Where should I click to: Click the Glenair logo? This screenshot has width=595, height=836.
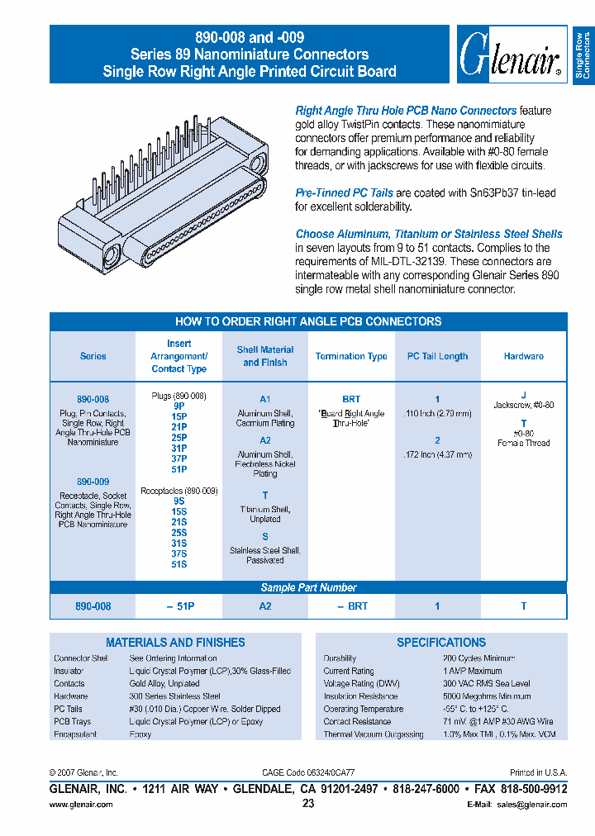point(511,55)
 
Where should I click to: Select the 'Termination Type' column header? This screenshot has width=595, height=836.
point(351,357)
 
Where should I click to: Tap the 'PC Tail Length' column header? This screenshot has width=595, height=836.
point(437,357)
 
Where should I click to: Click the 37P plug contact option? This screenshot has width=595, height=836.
point(178,458)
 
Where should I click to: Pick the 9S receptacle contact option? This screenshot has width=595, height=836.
point(178,501)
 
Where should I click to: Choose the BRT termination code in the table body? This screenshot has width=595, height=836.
point(351,398)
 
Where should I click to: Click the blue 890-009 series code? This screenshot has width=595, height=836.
point(93,482)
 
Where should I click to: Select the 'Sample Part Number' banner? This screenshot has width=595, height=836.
point(308,588)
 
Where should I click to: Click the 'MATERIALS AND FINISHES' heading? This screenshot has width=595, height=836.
point(175,642)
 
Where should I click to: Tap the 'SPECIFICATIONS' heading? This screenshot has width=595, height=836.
point(441,642)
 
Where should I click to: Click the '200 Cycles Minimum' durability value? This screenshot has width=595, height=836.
point(478,658)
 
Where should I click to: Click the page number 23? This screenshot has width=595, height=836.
point(308,804)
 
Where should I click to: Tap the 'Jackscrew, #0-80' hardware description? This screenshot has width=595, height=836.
point(523,406)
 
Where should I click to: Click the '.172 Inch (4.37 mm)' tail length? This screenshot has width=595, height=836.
point(437,454)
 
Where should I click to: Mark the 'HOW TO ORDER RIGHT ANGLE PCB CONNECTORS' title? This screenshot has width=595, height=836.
point(308,321)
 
